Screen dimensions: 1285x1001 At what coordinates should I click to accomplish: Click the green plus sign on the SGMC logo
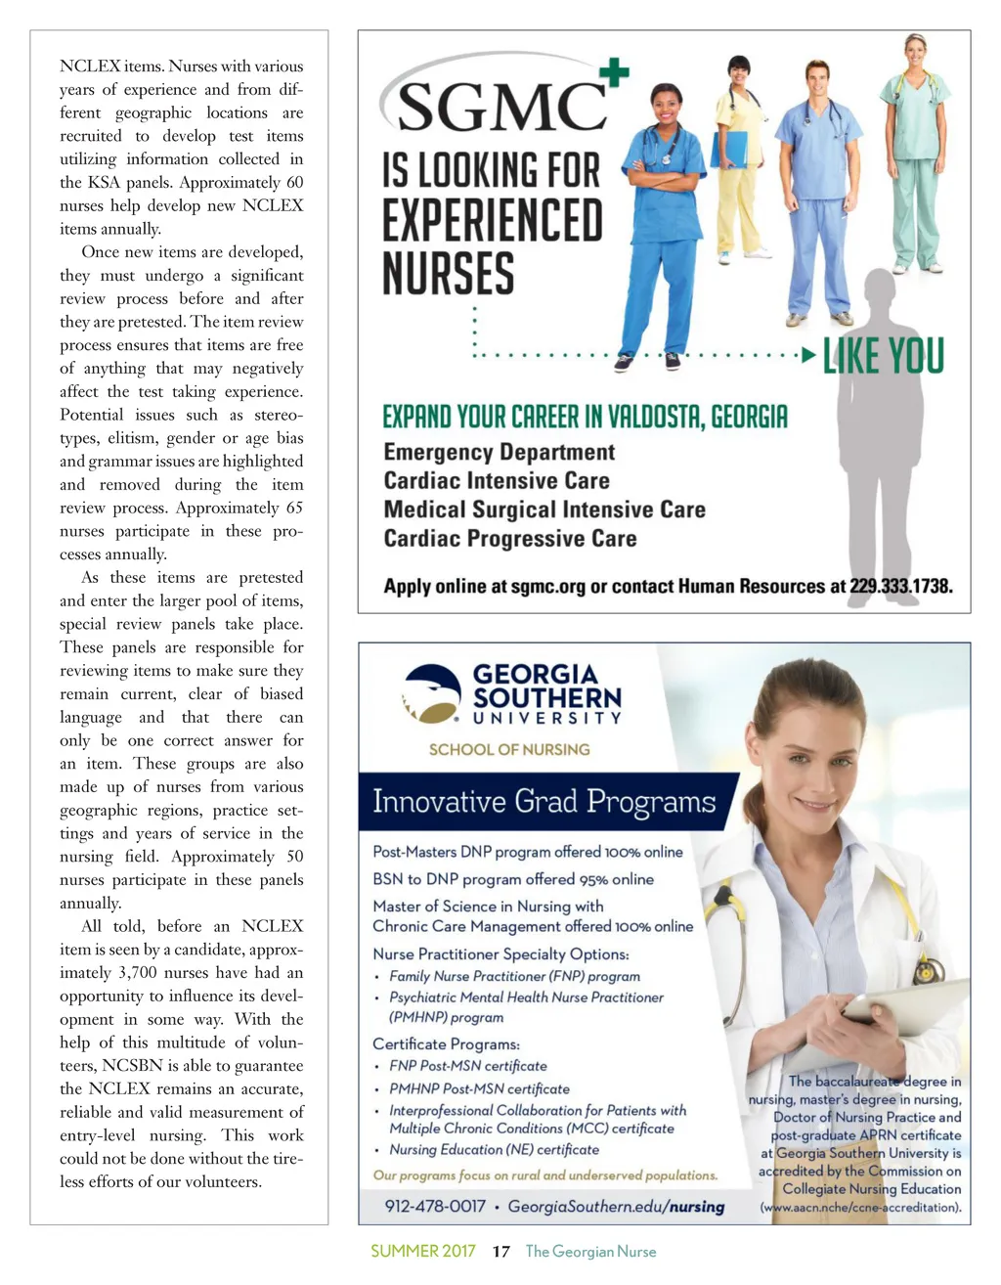click(613, 72)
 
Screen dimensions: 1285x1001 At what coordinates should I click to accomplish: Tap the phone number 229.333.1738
click(900, 587)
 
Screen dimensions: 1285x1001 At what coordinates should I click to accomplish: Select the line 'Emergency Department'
click(499, 452)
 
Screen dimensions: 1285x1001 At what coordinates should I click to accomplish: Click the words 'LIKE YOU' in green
click(883, 356)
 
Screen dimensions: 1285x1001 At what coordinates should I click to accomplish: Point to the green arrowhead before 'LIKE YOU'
click(808, 356)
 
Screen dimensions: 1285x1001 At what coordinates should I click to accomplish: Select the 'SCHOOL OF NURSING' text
click(509, 750)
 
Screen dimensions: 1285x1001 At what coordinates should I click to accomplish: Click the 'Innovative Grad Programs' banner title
click(544, 803)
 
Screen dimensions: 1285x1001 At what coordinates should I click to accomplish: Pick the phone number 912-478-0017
click(435, 1206)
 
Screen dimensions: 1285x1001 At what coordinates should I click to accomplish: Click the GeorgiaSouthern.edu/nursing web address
click(616, 1206)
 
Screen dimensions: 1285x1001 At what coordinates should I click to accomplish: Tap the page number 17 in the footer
click(500, 1252)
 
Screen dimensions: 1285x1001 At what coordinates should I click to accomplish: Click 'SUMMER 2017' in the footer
click(422, 1252)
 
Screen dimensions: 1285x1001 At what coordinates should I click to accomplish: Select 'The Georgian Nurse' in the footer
click(590, 1252)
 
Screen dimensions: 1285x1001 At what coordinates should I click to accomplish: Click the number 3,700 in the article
click(139, 973)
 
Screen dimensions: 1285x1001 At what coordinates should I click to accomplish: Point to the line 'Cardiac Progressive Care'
click(509, 539)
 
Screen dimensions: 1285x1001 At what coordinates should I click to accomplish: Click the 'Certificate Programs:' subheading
click(446, 1043)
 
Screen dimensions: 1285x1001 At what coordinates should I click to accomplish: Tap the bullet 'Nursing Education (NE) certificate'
click(494, 1150)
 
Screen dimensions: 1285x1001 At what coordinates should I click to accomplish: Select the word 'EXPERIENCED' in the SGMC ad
click(492, 220)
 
